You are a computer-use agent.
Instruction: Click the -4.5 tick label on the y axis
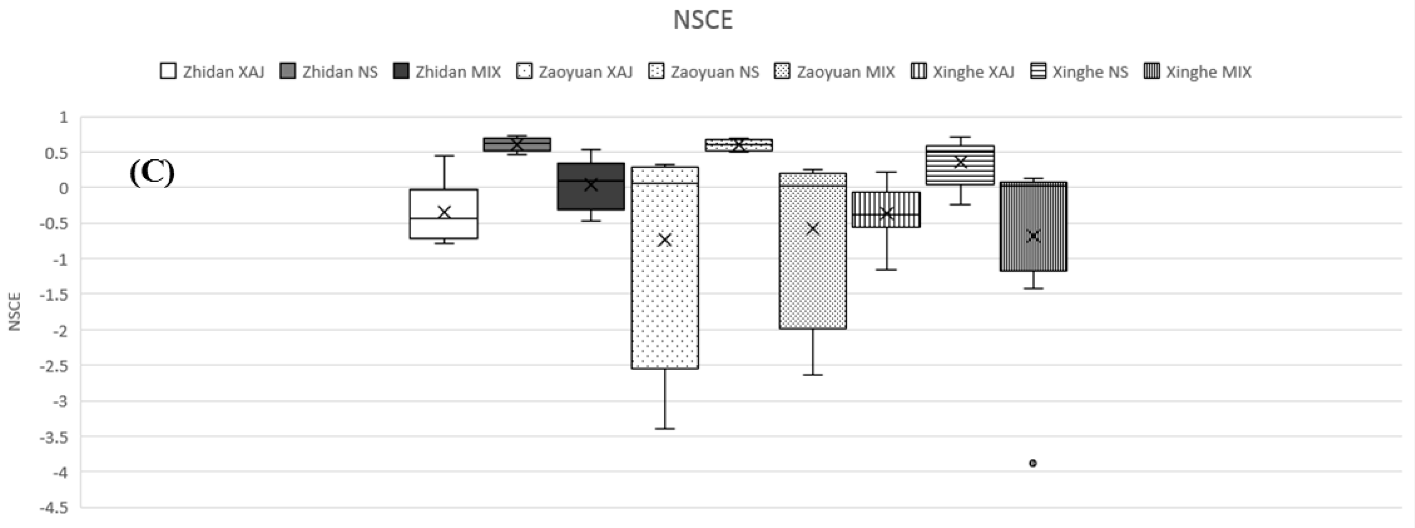(x=53, y=508)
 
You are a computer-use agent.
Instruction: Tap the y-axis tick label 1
(x=64, y=117)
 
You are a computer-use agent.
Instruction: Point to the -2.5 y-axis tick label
(x=53, y=365)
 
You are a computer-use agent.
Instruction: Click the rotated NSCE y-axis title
(x=15, y=312)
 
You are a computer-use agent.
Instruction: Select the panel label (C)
(x=152, y=173)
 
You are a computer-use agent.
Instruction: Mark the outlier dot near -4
(x=1033, y=463)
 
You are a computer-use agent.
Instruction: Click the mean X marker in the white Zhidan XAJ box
(x=444, y=212)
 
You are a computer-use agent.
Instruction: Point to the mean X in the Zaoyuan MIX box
(x=812, y=229)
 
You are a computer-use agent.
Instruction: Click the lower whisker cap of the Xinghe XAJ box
(x=886, y=270)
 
